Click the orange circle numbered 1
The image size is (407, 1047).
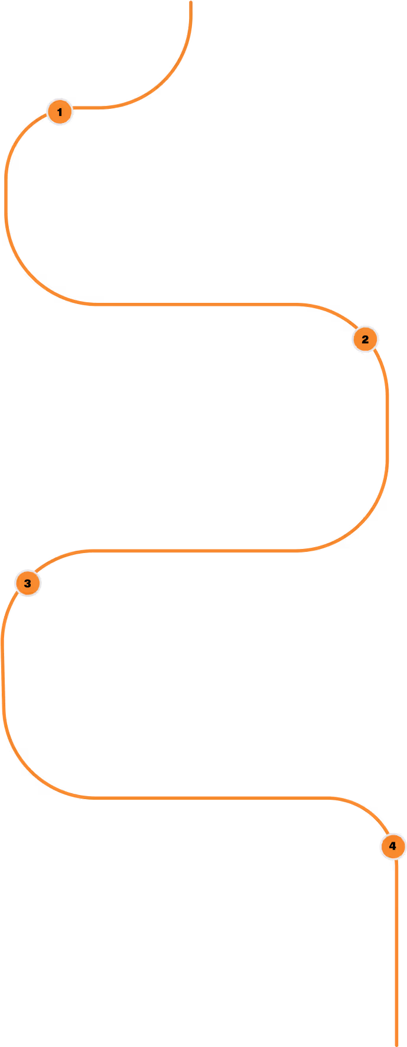click(x=59, y=112)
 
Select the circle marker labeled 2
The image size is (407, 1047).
click(x=365, y=340)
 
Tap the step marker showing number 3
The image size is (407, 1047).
click(x=28, y=583)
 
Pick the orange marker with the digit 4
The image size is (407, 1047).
click(x=393, y=846)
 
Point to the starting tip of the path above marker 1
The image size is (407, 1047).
click(x=191, y=3)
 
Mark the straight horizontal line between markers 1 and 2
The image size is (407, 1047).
click(x=198, y=305)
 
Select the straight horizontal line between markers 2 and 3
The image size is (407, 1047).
click(x=198, y=551)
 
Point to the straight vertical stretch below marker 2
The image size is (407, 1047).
click(x=388, y=426)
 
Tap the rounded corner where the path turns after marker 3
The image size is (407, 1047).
click(x=27, y=769)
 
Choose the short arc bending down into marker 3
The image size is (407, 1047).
click(x=53, y=560)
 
